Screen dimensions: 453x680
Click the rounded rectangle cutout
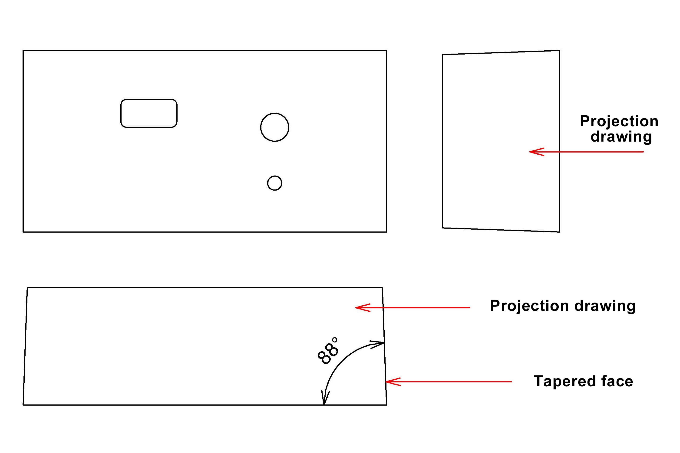pyautogui.click(x=149, y=113)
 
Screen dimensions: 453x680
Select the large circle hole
pyautogui.click(x=274, y=127)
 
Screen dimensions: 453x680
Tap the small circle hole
pyautogui.click(x=274, y=183)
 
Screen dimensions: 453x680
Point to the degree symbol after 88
pyautogui.click(x=334, y=339)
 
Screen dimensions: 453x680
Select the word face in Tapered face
pyautogui.click(x=617, y=381)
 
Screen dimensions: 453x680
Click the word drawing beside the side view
pyautogui.click(x=621, y=136)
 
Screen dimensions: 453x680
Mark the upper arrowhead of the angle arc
pyautogui.click(x=380, y=343)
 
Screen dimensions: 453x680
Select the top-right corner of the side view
pyautogui.click(x=559, y=51)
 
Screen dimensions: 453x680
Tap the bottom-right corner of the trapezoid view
pyautogui.click(x=386, y=405)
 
